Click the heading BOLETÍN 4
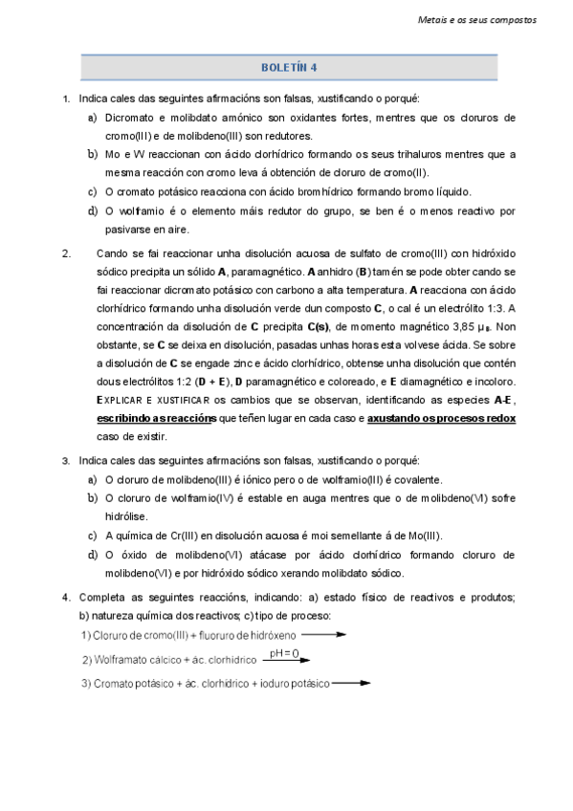(x=288, y=68)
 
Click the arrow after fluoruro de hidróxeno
(x=327, y=635)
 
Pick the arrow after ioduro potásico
(x=351, y=683)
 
